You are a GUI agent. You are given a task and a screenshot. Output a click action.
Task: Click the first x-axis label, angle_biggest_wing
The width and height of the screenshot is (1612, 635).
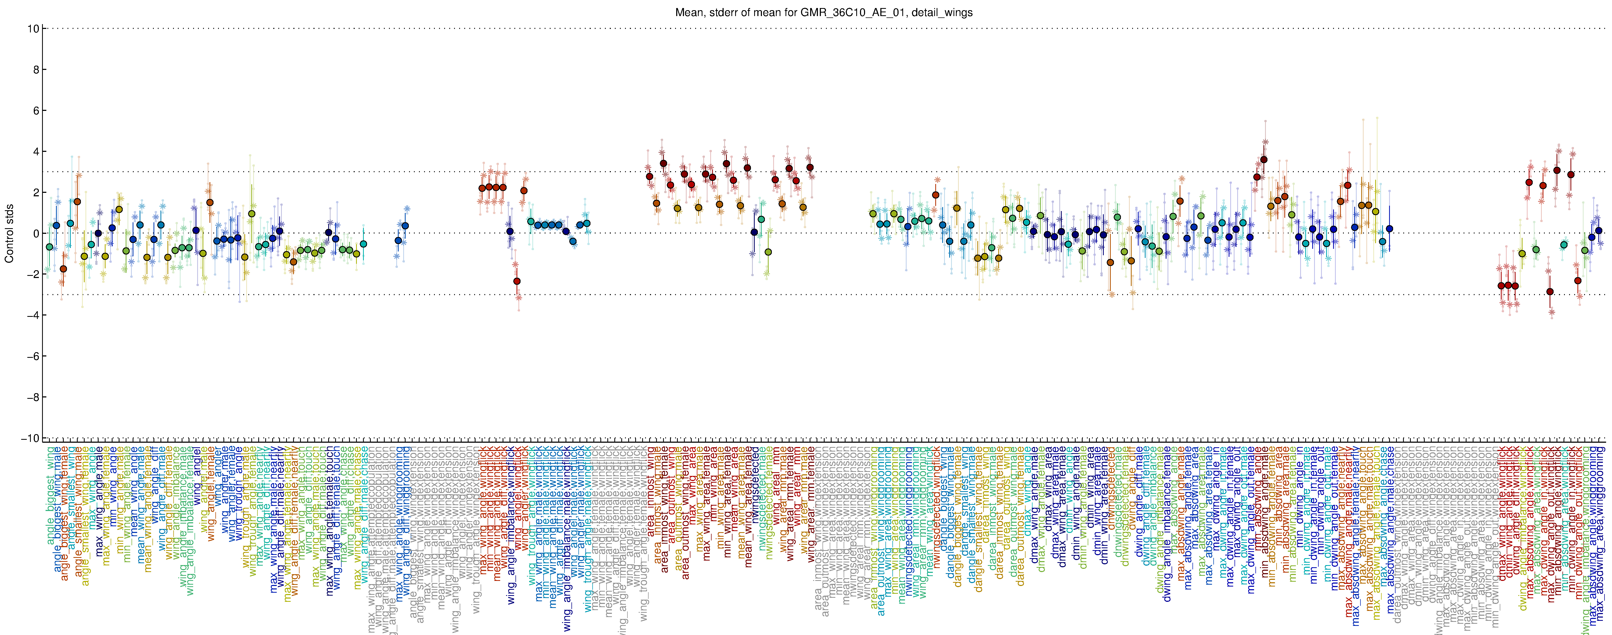[x=50, y=494]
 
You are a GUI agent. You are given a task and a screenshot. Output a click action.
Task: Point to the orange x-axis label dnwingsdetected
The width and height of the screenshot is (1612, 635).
[x=1111, y=494]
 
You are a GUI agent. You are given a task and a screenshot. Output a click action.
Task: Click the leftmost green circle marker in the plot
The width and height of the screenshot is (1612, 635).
[x=50, y=247]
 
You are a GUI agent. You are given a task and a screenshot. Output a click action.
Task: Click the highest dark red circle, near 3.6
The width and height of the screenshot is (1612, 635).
[x=1263, y=160]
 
